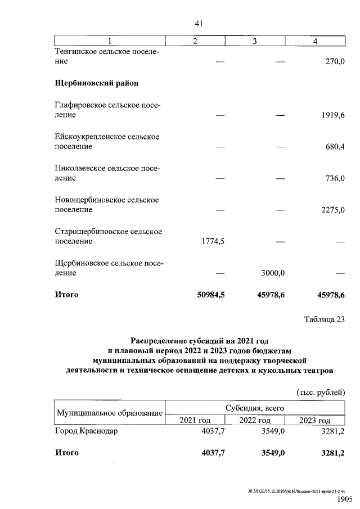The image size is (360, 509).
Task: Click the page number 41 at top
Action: click(x=198, y=23)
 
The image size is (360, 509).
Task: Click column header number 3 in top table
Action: click(x=255, y=41)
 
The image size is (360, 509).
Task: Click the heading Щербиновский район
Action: click(x=96, y=83)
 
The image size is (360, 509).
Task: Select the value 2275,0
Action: click(x=331, y=210)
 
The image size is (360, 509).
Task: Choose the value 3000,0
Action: click(x=273, y=273)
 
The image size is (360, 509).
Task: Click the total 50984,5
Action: click(x=209, y=294)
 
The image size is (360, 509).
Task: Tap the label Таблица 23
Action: click(x=323, y=320)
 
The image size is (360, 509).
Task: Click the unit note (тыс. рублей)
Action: click(x=320, y=391)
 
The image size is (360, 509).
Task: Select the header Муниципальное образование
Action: click(x=108, y=413)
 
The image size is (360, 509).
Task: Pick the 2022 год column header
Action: click(x=255, y=420)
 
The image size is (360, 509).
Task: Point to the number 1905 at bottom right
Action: click(x=344, y=499)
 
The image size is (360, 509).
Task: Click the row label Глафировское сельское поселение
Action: click(x=106, y=110)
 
